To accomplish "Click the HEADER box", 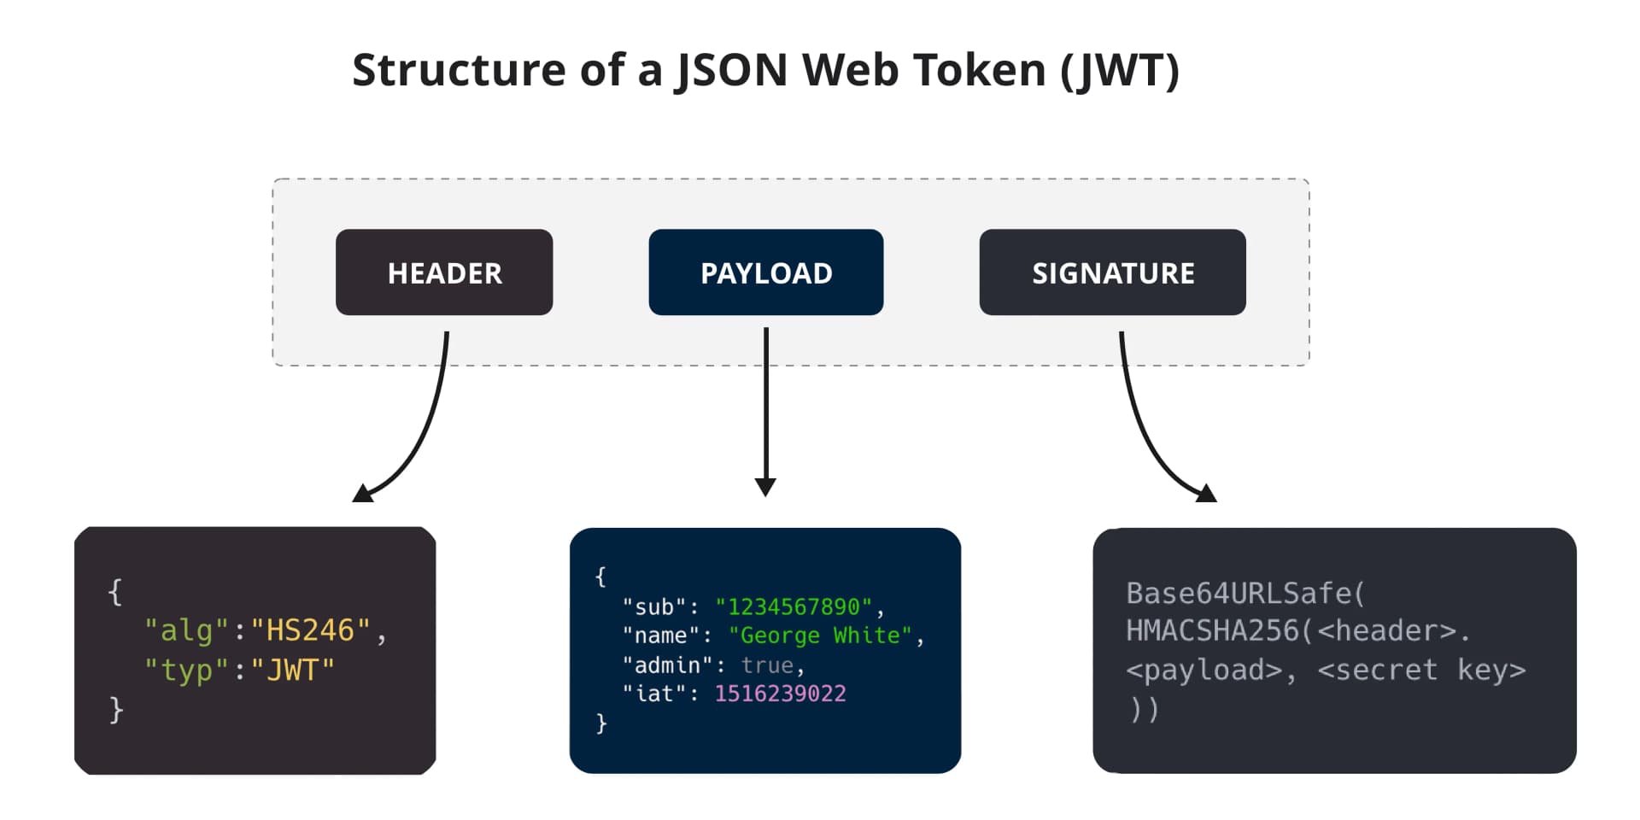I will point(444,272).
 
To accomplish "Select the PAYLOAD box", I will point(766,272).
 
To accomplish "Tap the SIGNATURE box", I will point(1112,272).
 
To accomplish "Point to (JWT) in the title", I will point(1120,70).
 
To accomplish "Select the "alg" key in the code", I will point(186,630).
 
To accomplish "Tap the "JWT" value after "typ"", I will point(292,671).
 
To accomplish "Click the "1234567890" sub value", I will point(794,607).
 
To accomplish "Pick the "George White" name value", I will point(820,635).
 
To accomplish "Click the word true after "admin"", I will point(767,665).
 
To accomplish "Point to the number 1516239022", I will point(780,694).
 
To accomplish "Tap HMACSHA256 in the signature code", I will point(1213,630).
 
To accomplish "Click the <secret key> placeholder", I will point(1421,670).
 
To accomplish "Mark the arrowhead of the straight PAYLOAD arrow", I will point(766,487).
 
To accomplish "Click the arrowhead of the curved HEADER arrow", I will point(363,494).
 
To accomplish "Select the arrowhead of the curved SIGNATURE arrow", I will point(1205,494).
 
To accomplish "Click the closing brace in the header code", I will point(116,709).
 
